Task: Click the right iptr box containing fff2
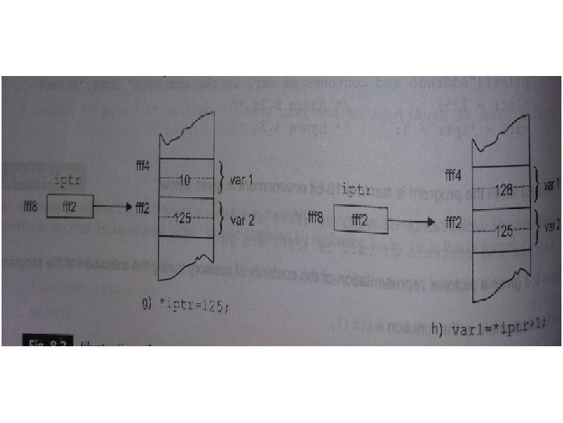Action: (360, 220)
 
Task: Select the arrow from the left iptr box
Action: (113, 208)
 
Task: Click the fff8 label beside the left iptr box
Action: (32, 207)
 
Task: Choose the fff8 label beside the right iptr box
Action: (317, 217)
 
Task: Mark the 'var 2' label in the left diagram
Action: (242, 220)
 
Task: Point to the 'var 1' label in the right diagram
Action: (552, 185)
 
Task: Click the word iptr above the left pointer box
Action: (70, 182)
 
